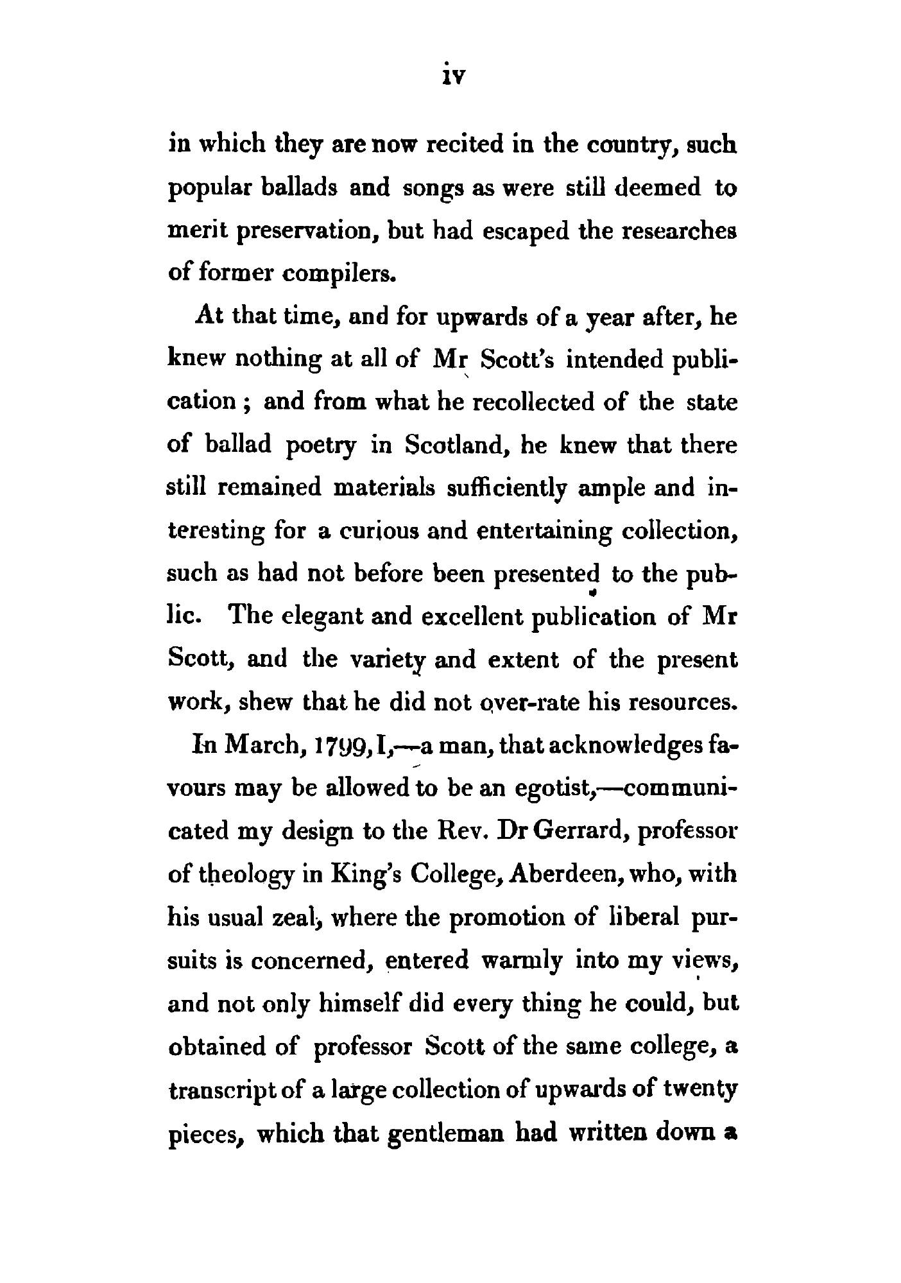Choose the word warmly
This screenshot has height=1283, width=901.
(522, 961)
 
